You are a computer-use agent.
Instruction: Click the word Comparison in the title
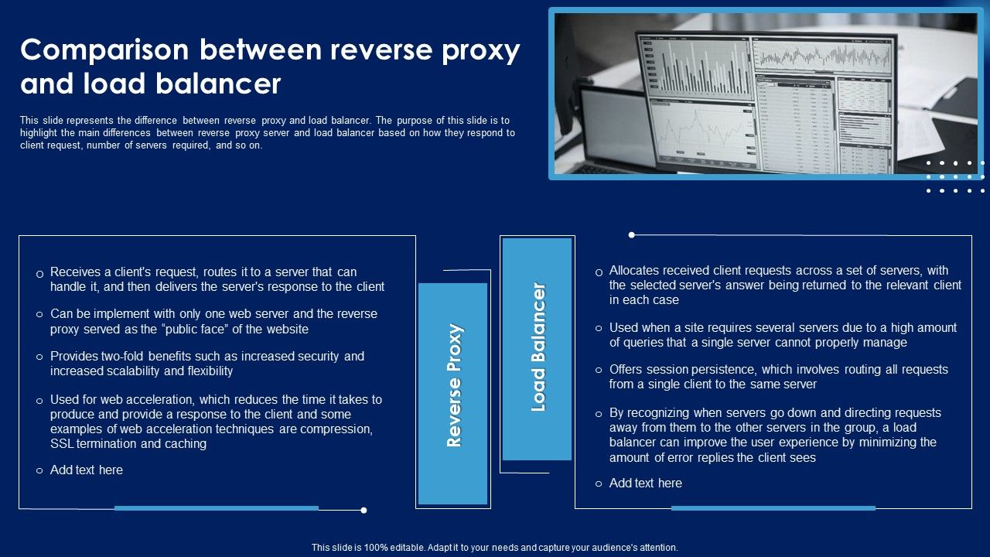coord(104,50)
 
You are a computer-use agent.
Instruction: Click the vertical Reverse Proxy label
coord(453,385)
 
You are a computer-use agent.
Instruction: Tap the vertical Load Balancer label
coord(538,347)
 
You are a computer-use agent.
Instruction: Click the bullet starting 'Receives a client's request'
coord(217,279)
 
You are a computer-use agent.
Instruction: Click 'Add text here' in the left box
coord(86,470)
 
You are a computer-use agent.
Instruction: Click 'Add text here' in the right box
coord(645,484)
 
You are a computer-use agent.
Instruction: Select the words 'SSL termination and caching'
coord(128,444)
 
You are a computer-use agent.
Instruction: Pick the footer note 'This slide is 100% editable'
coord(494,548)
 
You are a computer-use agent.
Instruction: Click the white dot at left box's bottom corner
coord(364,510)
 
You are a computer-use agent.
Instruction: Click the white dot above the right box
coord(632,234)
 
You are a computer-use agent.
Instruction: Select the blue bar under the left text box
coord(216,508)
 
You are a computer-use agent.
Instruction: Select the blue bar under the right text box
coord(773,508)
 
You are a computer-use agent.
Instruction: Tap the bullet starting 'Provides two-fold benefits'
coord(207,364)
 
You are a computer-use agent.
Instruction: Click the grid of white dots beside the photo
coord(955,176)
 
